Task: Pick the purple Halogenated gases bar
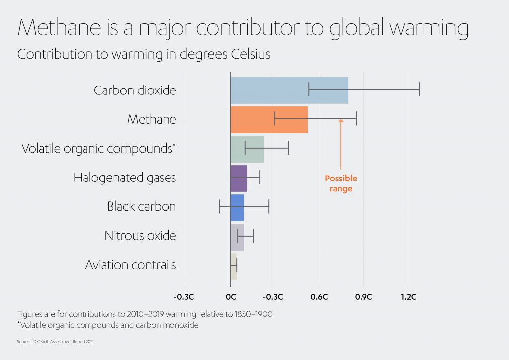[238, 178]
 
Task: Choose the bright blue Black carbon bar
[237, 207]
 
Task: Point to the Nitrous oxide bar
[237, 236]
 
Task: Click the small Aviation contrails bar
[233, 266]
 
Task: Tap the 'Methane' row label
[152, 119]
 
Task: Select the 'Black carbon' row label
[142, 206]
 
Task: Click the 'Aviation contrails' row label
[131, 265]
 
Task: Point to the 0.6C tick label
[319, 297]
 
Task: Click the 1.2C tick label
[408, 297]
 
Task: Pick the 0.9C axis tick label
[363, 297]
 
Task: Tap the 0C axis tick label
[230, 297]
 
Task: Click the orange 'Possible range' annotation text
[341, 183]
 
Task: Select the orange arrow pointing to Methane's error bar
[341, 144]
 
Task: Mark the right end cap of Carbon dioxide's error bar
[419, 89]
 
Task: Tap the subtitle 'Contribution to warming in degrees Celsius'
[144, 54]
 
